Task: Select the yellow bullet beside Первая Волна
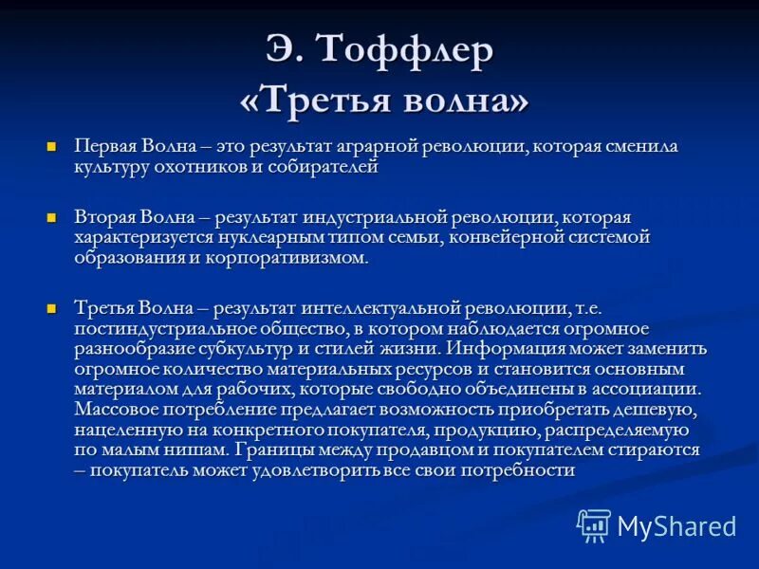(53, 146)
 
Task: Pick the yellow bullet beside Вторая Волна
(53, 216)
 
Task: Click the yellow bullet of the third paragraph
(53, 307)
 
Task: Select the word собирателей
(325, 167)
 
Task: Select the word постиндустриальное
(155, 329)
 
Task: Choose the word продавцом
(432, 450)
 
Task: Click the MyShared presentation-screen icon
(594, 525)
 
